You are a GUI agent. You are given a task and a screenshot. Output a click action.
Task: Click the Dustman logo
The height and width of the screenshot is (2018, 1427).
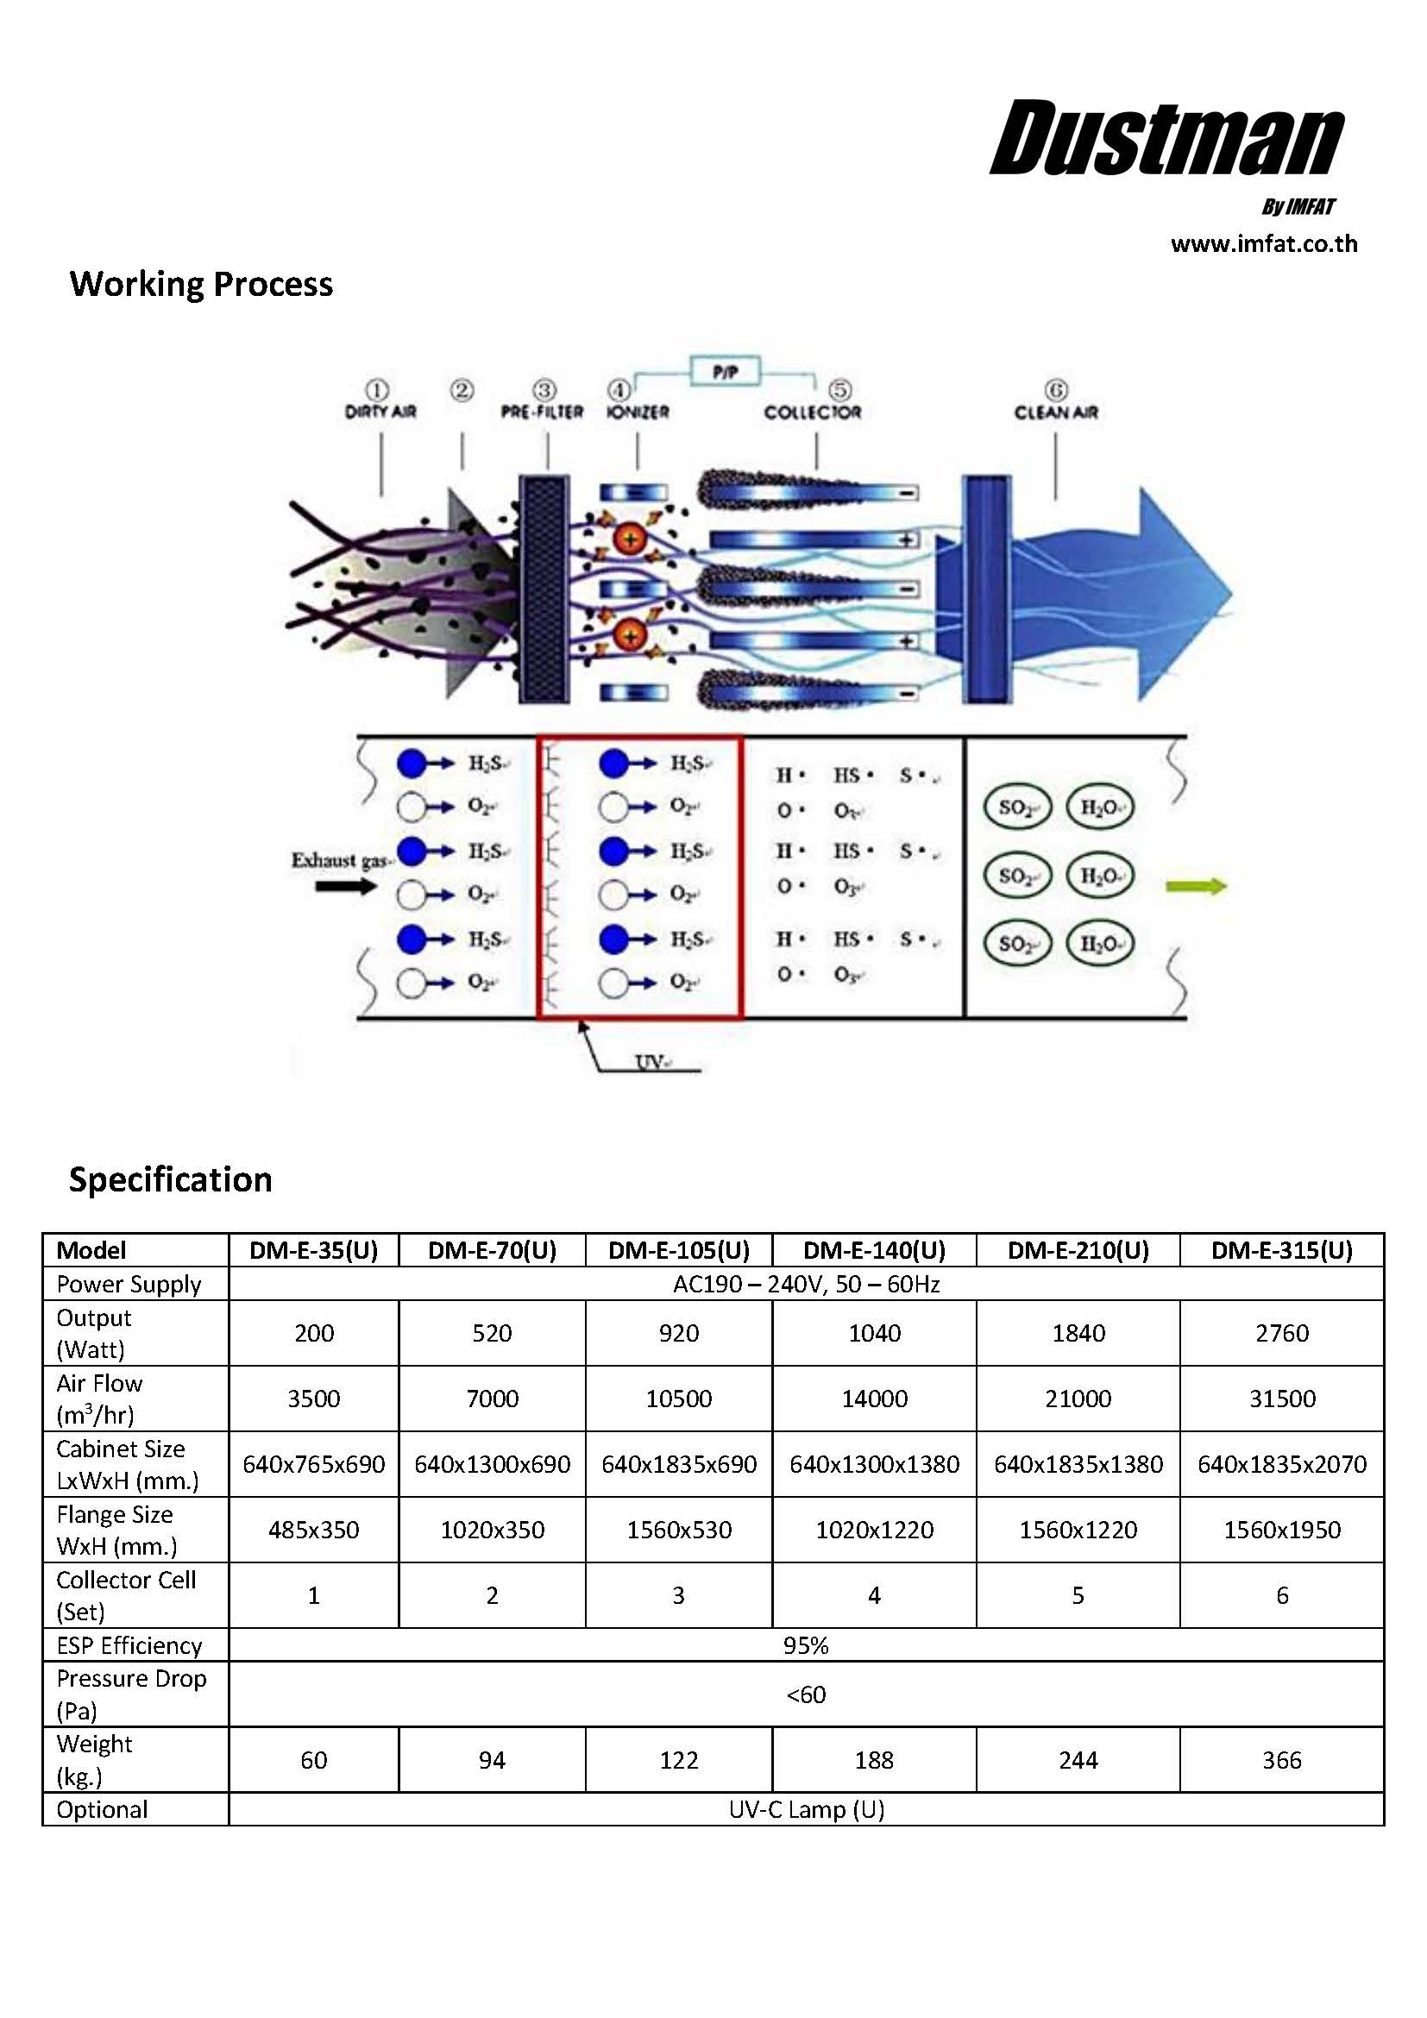(1166, 138)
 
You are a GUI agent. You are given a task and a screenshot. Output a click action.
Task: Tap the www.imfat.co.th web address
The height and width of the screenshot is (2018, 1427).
(1264, 244)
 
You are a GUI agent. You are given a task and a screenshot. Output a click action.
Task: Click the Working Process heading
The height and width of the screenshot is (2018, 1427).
(201, 284)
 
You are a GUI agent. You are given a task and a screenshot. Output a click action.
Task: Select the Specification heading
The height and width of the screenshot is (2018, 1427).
(171, 1179)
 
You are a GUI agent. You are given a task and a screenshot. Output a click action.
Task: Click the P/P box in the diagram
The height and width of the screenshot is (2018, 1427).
(725, 373)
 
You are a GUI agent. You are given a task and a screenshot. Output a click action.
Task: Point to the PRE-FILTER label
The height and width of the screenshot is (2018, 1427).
(542, 412)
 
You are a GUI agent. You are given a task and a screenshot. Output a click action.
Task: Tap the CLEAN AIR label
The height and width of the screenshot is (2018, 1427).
(1055, 412)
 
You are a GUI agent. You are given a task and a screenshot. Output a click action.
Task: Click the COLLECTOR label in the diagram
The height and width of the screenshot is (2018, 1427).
(812, 412)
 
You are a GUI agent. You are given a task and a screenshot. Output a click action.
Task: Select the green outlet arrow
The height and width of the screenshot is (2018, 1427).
(1195, 886)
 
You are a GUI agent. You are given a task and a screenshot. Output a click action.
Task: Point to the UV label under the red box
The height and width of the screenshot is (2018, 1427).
(651, 1062)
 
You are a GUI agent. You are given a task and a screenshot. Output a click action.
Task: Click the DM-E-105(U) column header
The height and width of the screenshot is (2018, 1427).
(678, 1250)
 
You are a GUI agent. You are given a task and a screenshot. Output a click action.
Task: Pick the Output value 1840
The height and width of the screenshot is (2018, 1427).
(1078, 1333)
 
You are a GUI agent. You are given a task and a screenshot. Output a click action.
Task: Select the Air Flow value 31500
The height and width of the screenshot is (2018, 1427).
(1282, 1399)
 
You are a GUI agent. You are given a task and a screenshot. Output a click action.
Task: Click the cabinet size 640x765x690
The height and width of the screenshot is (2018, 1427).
(314, 1464)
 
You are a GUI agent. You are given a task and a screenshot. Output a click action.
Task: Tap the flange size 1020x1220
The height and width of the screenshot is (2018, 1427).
(874, 1531)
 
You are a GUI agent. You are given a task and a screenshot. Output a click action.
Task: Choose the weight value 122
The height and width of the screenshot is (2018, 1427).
(678, 1761)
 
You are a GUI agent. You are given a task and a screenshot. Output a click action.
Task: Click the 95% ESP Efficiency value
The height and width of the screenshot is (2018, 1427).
(806, 1645)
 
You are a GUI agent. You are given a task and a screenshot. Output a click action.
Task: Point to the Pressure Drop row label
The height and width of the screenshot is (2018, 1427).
(131, 1694)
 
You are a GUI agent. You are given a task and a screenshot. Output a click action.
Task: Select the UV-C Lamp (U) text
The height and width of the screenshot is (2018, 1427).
(806, 1810)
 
